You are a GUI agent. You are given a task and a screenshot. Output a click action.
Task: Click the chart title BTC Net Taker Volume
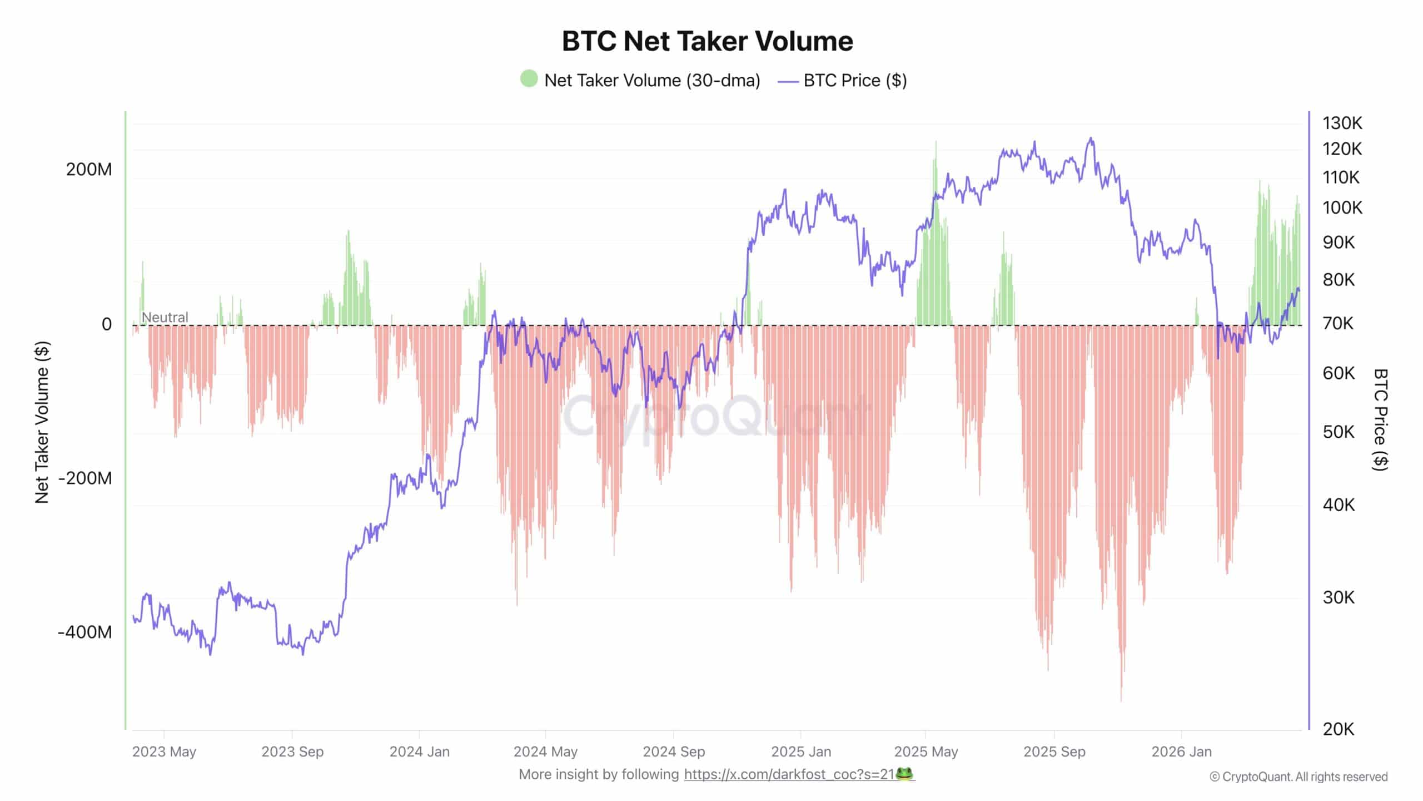(707, 41)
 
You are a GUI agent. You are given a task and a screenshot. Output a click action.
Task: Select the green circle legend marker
(529, 79)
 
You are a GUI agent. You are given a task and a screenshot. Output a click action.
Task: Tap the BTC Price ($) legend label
(855, 81)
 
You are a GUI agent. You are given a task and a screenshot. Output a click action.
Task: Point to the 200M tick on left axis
(89, 169)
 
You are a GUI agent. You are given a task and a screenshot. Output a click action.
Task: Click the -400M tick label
(85, 632)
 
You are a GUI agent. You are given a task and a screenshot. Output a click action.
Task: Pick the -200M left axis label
(85, 478)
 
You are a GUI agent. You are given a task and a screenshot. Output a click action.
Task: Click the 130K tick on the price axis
(1342, 123)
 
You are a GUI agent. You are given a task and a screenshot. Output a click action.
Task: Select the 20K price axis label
(1339, 729)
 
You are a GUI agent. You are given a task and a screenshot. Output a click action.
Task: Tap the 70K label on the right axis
(1339, 323)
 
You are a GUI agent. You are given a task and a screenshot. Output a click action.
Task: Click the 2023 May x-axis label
(164, 752)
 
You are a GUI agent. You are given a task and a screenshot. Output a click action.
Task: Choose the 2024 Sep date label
(674, 752)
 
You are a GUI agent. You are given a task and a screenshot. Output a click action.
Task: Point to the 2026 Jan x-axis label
(1181, 752)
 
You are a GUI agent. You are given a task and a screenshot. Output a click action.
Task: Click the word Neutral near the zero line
(165, 317)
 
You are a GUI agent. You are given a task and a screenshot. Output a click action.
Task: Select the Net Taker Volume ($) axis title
(42, 423)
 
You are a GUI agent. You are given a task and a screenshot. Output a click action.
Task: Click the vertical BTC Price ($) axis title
(1380, 420)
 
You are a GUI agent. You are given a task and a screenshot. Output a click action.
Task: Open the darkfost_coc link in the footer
(789, 774)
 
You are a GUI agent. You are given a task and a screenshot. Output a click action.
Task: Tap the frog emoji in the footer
(905, 774)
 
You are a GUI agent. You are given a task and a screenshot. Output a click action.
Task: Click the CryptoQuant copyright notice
(1298, 777)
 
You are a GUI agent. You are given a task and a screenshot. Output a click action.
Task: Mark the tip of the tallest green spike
(936, 141)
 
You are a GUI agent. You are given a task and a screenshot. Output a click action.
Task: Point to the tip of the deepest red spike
(1121, 701)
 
